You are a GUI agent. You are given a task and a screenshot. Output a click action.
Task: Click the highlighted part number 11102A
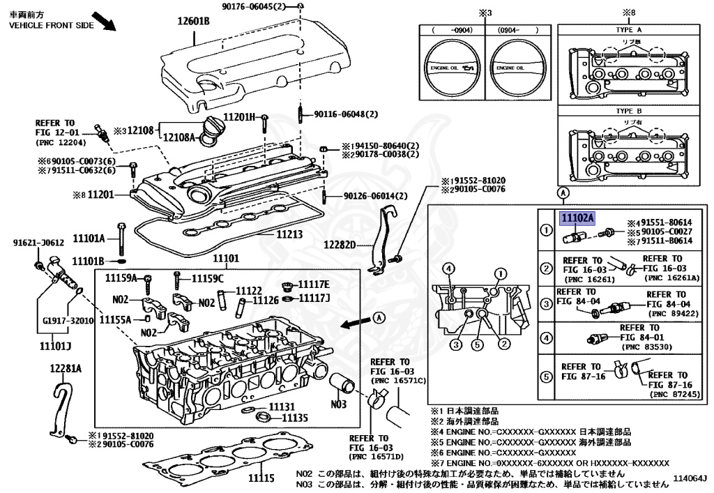[x=578, y=218]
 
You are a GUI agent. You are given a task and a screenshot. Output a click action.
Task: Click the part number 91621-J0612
[x=38, y=243]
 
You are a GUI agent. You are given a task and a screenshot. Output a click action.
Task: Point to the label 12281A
[x=66, y=368]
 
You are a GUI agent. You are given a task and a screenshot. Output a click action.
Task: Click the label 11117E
[x=314, y=285]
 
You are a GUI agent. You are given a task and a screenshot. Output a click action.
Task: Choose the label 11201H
[x=240, y=116]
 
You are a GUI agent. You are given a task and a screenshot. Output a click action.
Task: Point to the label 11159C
[x=207, y=279]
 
